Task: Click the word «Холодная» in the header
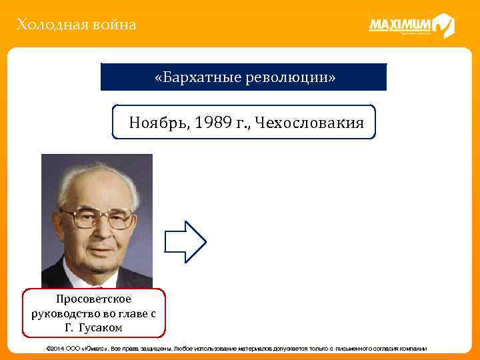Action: point(46,25)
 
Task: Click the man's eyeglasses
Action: point(97,217)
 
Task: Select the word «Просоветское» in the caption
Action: point(94,299)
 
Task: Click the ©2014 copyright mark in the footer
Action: point(55,349)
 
